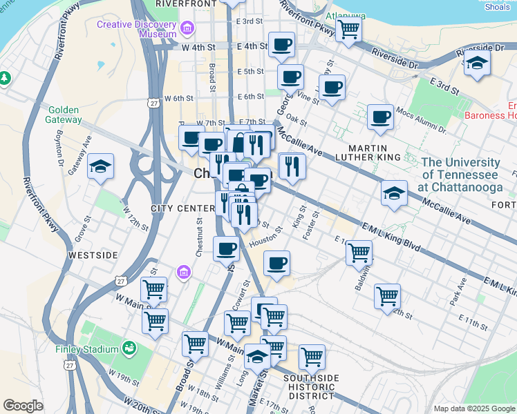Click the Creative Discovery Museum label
point(137,28)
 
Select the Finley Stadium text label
point(87,349)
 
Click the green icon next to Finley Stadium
point(129,348)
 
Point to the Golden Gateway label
point(64,115)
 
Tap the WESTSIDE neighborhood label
point(93,255)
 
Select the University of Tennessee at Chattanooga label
point(460,175)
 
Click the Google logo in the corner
point(23,406)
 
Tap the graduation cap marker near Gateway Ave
point(101,166)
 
